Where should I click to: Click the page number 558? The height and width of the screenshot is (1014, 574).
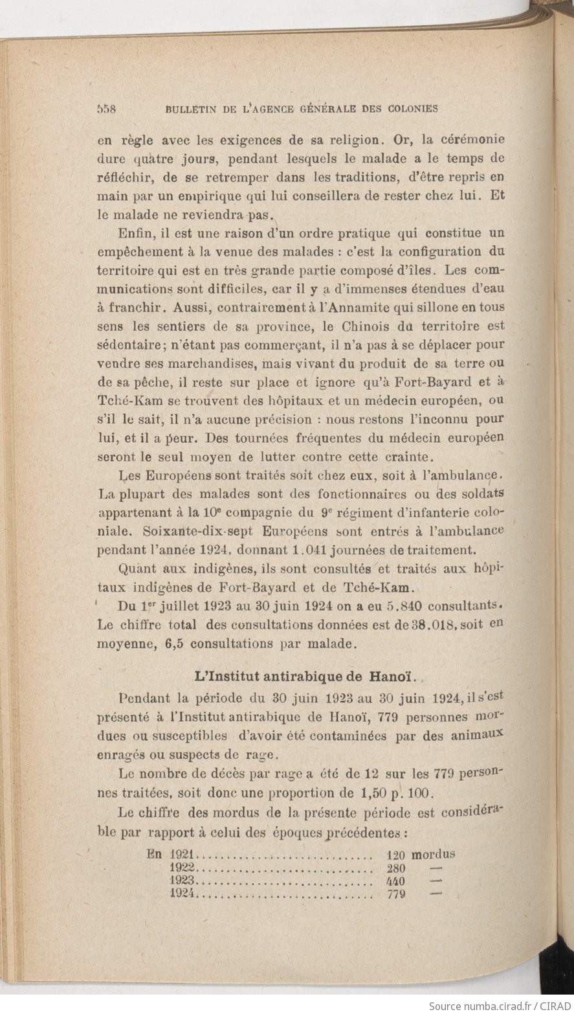pyautogui.click(x=105, y=109)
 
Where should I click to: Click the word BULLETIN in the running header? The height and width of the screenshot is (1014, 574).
pyautogui.click(x=192, y=109)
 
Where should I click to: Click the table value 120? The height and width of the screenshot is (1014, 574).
pyautogui.click(x=395, y=855)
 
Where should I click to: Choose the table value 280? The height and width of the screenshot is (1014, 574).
pyautogui.click(x=395, y=868)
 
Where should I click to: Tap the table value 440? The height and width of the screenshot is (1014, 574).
pyautogui.click(x=395, y=881)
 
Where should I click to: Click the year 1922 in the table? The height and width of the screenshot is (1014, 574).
pyautogui.click(x=183, y=868)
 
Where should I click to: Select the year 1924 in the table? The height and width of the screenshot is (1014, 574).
pyautogui.click(x=183, y=894)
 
